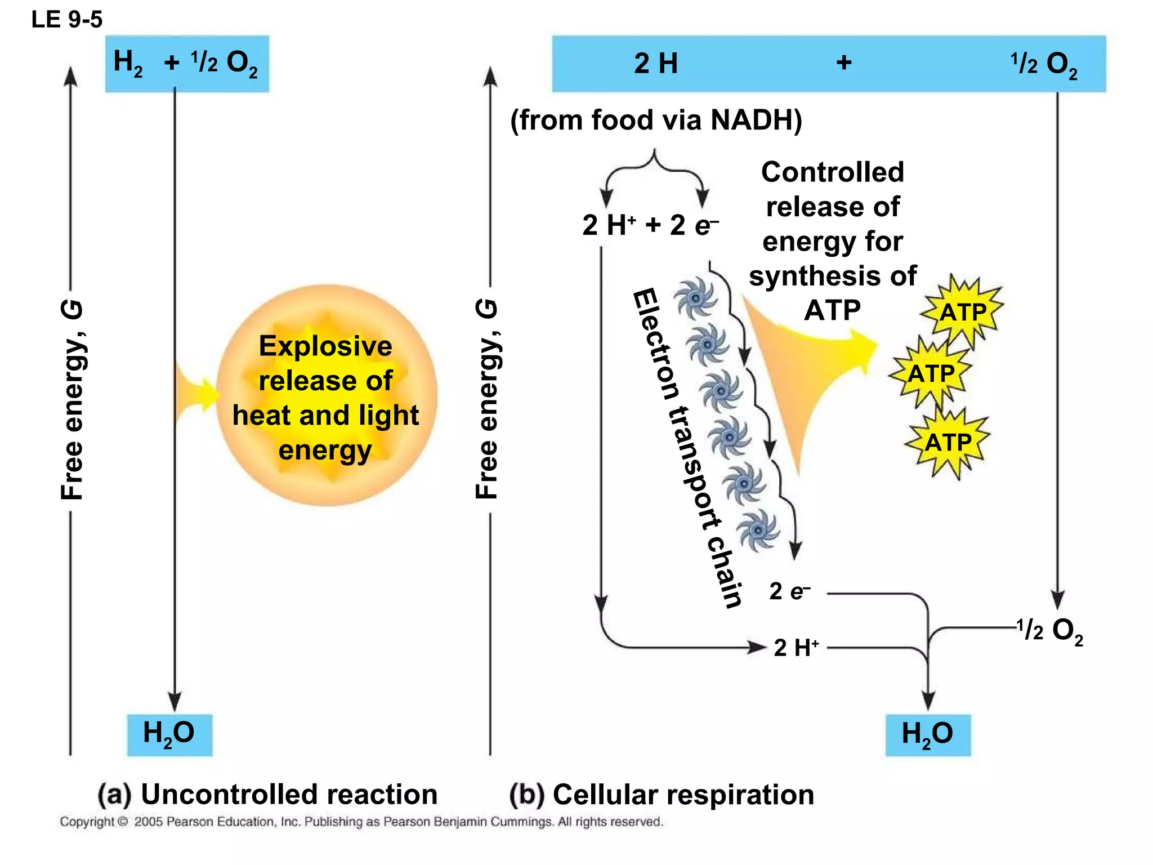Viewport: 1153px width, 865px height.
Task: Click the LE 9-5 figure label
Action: pyautogui.click(x=67, y=20)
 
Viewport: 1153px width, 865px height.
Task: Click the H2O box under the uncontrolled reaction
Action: pyautogui.click(x=169, y=734)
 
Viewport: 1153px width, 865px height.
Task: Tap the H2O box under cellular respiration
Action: pyautogui.click(x=928, y=734)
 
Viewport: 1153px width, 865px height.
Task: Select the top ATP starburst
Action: pyautogui.click(x=963, y=312)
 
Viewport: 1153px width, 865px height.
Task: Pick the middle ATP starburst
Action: pyautogui.click(x=931, y=373)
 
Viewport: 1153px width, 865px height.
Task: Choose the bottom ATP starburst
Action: pyautogui.click(x=949, y=443)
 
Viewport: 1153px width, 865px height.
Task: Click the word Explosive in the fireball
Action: pyautogui.click(x=325, y=346)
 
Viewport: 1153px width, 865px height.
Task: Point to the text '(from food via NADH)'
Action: pyautogui.click(x=656, y=120)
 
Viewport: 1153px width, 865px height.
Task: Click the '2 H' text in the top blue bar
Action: pyautogui.click(x=656, y=63)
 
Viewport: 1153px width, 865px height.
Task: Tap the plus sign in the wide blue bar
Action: pyautogui.click(x=843, y=62)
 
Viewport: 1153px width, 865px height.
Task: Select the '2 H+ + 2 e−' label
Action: pyautogui.click(x=650, y=225)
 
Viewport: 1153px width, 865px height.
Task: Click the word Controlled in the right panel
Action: pyautogui.click(x=833, y=172)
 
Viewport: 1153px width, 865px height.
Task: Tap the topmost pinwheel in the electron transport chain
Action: pyautogui.click(x=696, y=297)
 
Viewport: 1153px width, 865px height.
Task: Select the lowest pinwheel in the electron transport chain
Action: pyautogui.click(x=758, y=529)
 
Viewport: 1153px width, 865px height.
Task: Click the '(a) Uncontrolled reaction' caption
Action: pyautogui.click(x=268, y=795)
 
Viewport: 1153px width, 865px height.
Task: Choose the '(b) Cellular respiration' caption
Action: pyautogui.click(x=662, y=795)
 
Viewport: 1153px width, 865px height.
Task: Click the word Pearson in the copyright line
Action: pyautogui.click(x=190, y=822)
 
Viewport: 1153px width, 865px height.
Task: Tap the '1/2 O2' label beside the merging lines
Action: pyautogui.click(x=1050, y=631)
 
